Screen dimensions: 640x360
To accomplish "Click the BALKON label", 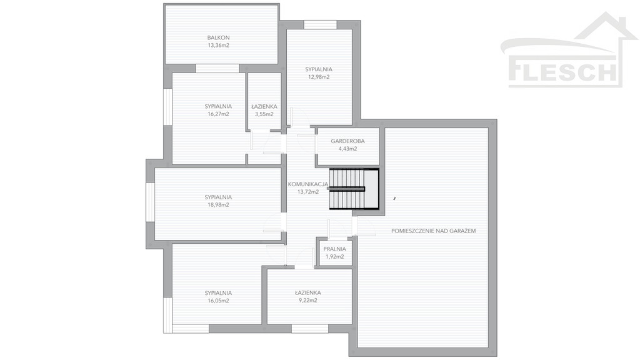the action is coord(218,38).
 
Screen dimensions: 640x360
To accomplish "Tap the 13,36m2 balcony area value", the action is coord(218,46).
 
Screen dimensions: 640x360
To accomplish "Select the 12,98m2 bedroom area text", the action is coord(319,77).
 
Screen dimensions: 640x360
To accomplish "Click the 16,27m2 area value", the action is coord(218,114).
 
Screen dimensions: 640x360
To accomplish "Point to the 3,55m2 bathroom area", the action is coord(264,114).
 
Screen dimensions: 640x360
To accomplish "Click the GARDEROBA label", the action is coord(347,141).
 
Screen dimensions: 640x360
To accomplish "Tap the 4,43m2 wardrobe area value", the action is coord(347,149).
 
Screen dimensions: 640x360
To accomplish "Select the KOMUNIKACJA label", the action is coord(308,184).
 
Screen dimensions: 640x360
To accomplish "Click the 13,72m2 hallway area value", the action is coord(308,192).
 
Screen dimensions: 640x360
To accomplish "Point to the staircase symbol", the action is coord(354,189).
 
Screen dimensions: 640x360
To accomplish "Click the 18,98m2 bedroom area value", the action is coord(218,205).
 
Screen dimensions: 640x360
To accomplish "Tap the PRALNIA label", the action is coord(335,249).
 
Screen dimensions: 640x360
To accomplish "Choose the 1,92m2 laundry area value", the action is coord(335,257).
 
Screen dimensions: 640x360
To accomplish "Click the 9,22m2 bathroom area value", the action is coord(308,301).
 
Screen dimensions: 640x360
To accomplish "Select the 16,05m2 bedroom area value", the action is coord(218,301).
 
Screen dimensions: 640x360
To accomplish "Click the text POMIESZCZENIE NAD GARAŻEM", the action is coord(434,231).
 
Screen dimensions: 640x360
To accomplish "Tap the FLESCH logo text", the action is coord(562,72).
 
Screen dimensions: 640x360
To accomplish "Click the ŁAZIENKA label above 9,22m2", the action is coord(308,292).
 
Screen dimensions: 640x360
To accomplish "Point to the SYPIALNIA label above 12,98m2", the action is coord(319,69).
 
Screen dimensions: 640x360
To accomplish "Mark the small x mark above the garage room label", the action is coord(395,199).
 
